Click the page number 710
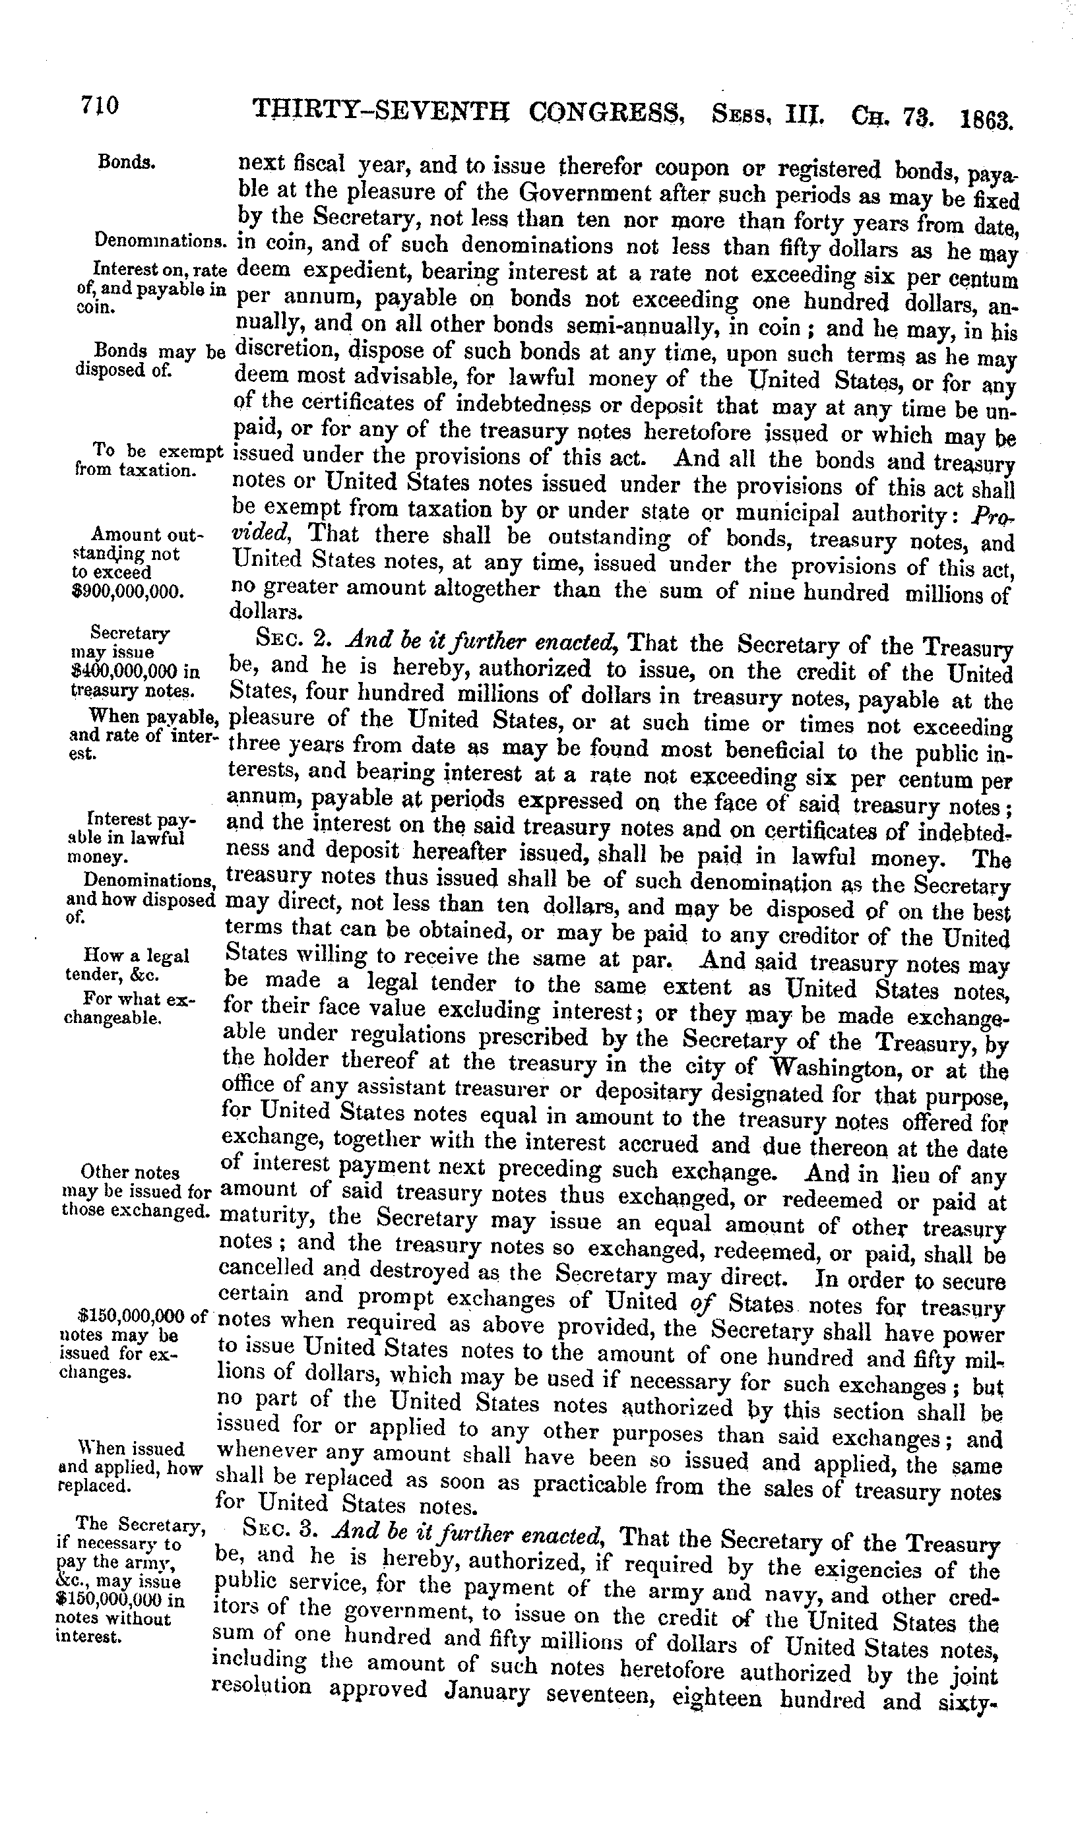[x=100, y=107]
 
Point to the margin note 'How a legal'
[x=137, y=955]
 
